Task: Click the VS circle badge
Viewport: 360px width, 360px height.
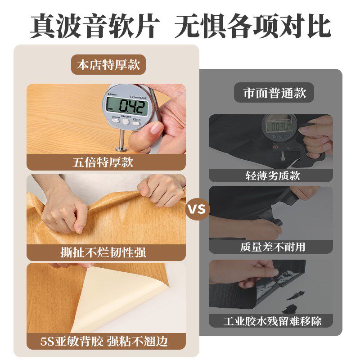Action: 197,209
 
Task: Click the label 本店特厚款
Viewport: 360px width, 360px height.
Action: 108,65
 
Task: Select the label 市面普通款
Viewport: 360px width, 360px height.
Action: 274,93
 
